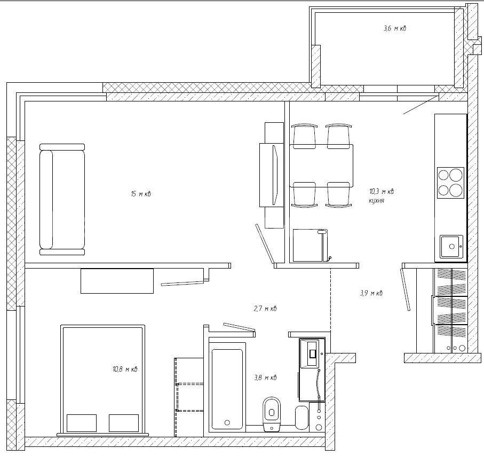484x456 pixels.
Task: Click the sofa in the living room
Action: click(x=62, y=199)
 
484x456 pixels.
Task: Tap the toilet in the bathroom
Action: click(x=272, y=413)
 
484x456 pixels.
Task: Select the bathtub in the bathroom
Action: click(x=227, y=387)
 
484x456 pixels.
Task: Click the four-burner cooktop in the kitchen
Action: click(x=451, y=183)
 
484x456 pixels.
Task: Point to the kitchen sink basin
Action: click(x=451, y=247)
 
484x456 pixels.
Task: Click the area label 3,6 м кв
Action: click(x=395, y=28)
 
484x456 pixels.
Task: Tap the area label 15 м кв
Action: click(x=141, y=194)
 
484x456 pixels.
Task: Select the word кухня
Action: click(x=377, y=201)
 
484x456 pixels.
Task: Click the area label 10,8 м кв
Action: click(x=125, y=369)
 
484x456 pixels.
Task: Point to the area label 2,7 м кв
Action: click(x=265, y=308)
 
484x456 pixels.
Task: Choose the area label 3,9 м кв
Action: click(x=371, y=293)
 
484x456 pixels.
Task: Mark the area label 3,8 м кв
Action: click(x=265, y=378)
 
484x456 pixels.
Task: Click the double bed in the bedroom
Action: click(x=103, y=380)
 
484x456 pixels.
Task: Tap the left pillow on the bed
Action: click(x=82, y=423)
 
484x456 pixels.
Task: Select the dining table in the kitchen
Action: click(x=321, y=166)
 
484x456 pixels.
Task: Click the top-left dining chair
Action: click(x=304, y=136)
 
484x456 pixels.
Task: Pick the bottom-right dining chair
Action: click(x=338, y=195)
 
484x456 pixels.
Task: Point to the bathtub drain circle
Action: click(x=227, y=422)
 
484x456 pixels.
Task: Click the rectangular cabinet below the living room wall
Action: click(x=117, y=281)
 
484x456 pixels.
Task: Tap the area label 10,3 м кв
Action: click(x=382, y=192)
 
